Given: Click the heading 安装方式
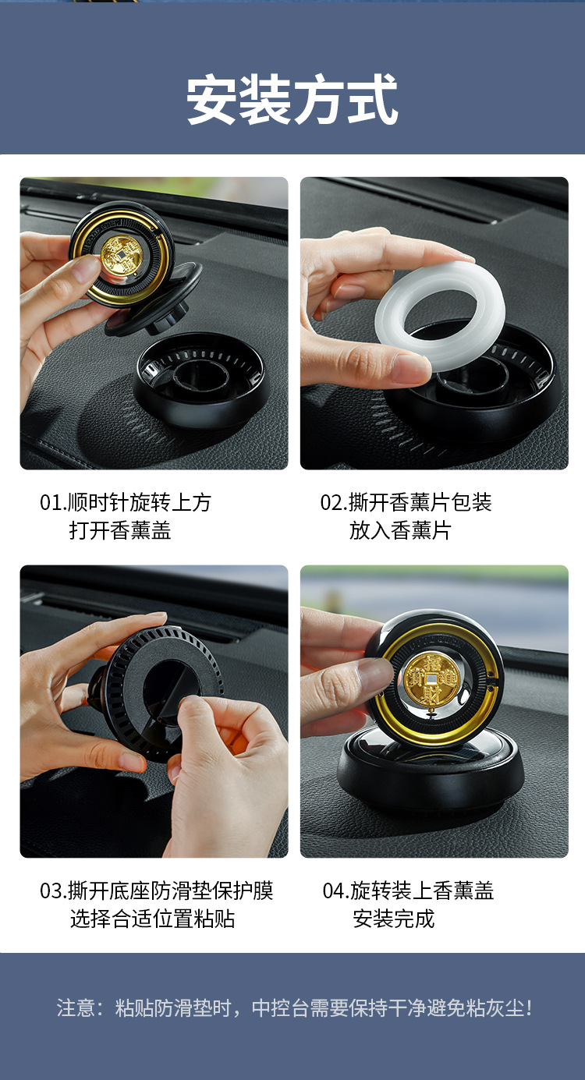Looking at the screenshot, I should (292, 99).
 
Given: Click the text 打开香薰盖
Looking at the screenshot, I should (120, 531).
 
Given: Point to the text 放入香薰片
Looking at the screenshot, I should (400, 531).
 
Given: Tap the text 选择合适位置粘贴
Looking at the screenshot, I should (152, 919).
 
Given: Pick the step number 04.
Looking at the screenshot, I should (335, 891).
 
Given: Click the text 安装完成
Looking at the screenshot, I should (393, 919).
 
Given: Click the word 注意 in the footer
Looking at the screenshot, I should (76, 1007).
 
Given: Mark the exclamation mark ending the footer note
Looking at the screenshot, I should (530, 1007).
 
